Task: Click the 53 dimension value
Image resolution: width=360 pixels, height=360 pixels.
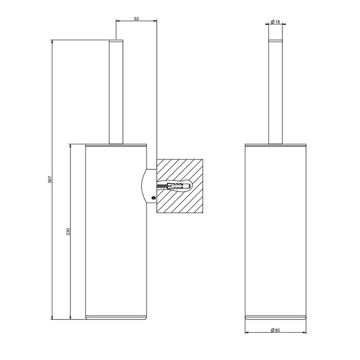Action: [x=136, y=19]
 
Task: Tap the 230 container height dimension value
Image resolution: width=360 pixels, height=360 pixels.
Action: [x=68, y=231]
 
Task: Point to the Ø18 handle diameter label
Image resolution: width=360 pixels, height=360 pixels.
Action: [x=275, y=22]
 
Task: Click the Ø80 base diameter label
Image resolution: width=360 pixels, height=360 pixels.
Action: [x=275, y=331]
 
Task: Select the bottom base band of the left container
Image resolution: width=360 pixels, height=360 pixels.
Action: [x=116, y=316]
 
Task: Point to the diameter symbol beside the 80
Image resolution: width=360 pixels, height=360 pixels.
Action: [x=272, y=331]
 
